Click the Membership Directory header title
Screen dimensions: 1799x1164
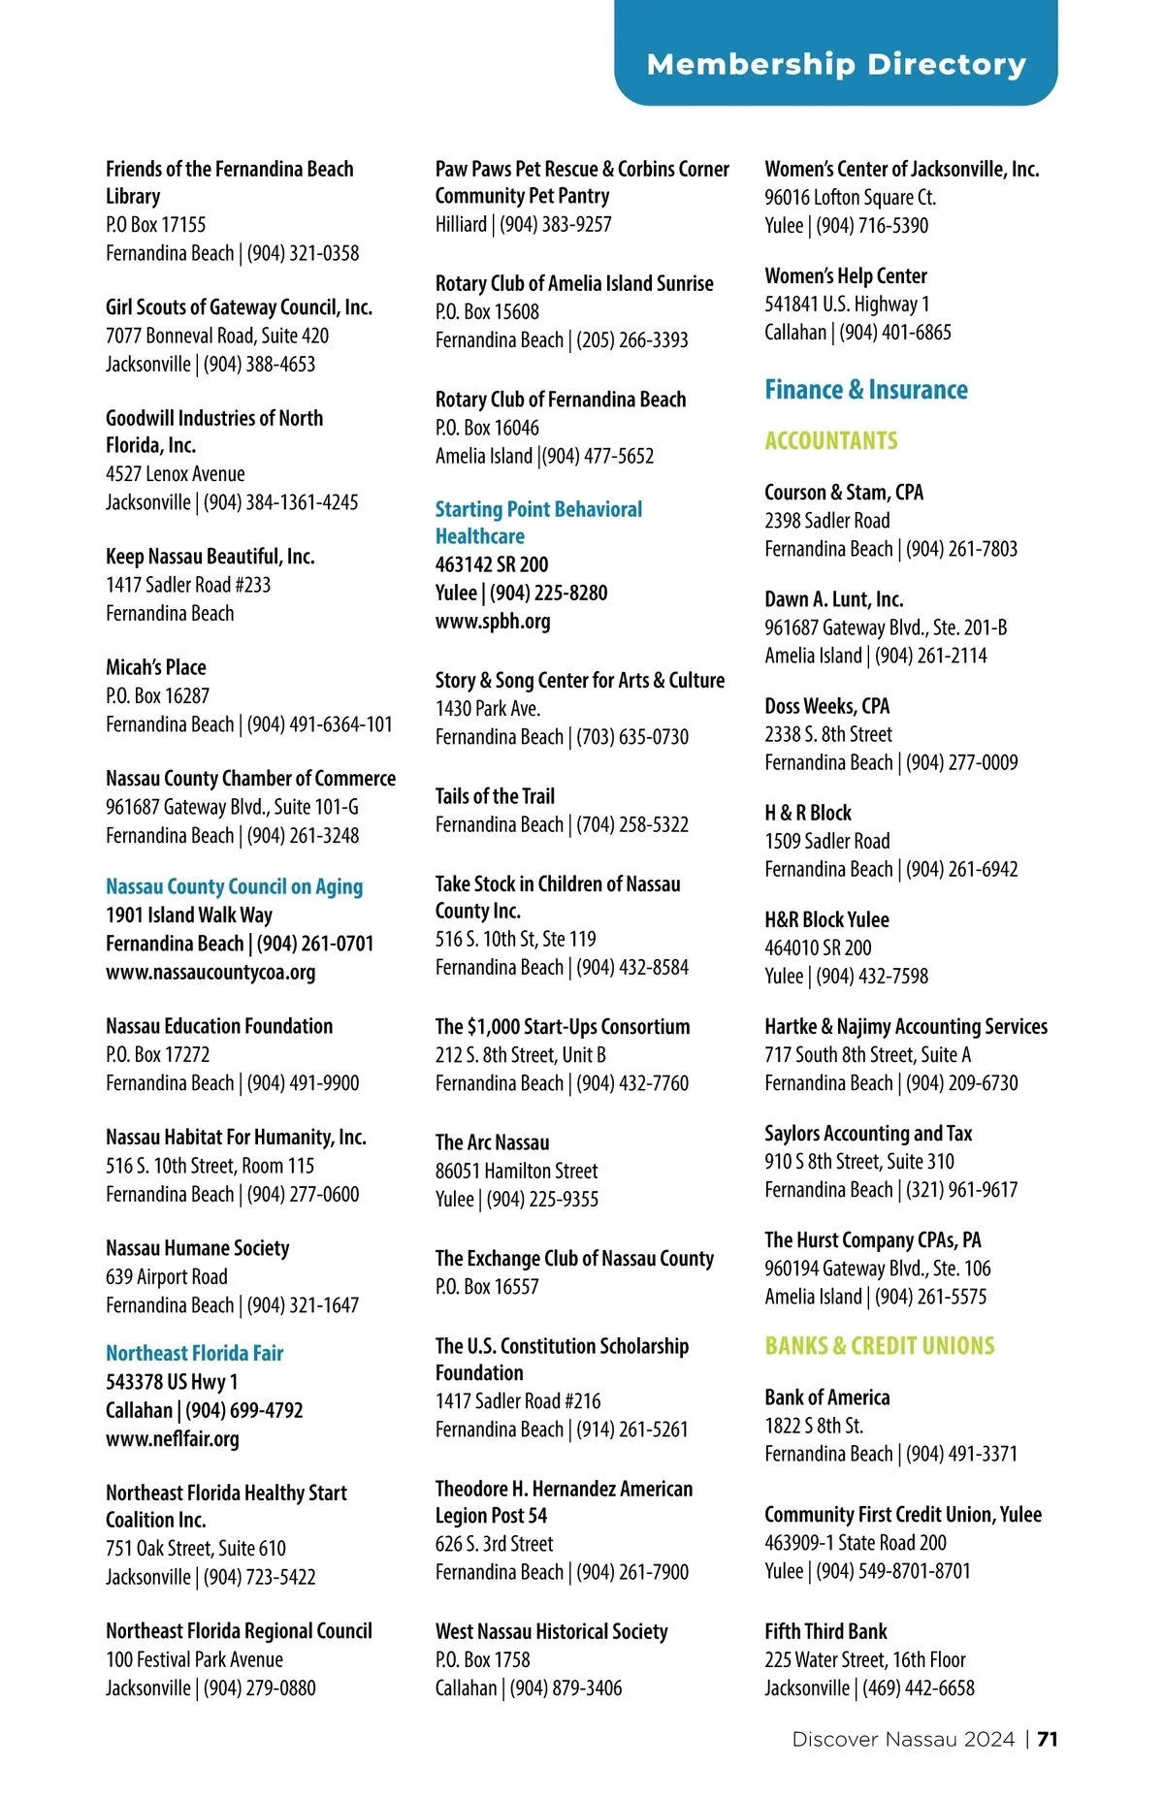click(x=836, y=64)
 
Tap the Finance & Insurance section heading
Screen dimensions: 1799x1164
click(x=865, y=390)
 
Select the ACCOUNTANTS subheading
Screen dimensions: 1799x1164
click(x=830, y=441)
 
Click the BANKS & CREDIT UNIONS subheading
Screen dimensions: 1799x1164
click(x=879, y=1346)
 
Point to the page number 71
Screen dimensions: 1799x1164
click(x=1048, y=1739)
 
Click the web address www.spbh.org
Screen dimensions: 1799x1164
click(x=493, y=622)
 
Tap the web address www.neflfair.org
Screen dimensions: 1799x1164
click(x=173, y=1439)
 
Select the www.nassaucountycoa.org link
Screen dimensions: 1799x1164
click(x=210, y=972)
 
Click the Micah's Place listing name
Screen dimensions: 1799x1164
click(x=156, y=667)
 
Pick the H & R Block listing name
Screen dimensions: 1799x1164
click(x=808, y=813)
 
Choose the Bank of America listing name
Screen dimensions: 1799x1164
click(x=826, y=1397)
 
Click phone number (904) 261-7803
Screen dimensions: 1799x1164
click(x=961, y=549)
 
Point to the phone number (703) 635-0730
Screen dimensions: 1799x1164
click(x=632, y=737)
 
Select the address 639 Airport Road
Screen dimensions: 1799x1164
click(x=167, y=1277)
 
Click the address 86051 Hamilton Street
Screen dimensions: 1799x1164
click(x=516, y=1172)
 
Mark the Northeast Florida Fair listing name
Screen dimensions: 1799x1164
click(x=195, y=1354)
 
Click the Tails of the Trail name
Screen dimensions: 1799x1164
click(x=495, y=796)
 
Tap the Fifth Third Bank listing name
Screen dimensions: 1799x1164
click(x=825, y=1632)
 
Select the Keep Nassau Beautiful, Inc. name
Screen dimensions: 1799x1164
click(x=210, y=557)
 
